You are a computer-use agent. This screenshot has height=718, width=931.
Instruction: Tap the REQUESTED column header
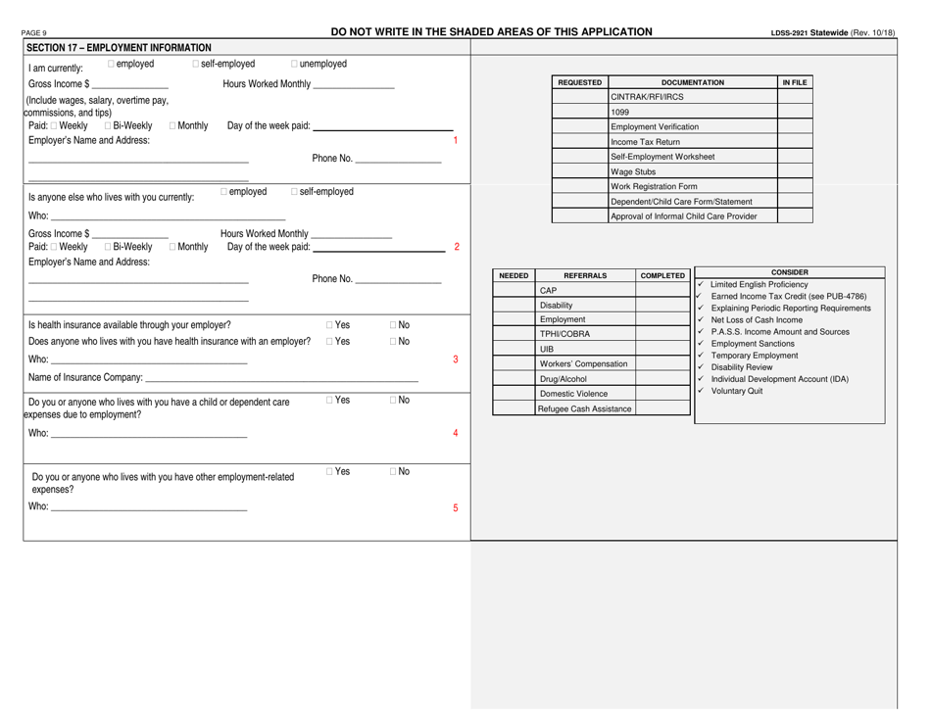[x=580, y=82]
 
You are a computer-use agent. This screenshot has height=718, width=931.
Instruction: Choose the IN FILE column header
[x=795, y=82]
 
